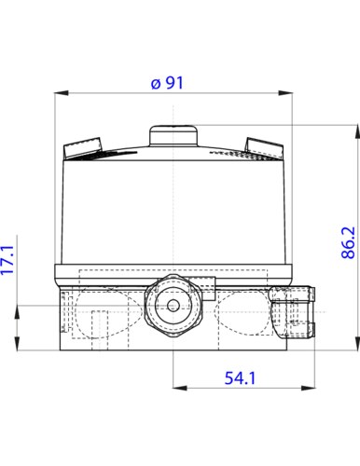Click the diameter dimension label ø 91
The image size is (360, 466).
tap(168, 82)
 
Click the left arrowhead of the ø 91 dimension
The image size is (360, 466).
tap(62, 92)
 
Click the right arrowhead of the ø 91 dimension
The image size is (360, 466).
tap(288, 92)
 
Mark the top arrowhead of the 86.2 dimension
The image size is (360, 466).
tap(356, 130)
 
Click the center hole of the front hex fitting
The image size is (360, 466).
tap(173, 305)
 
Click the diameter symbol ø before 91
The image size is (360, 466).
tap(155, 82)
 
